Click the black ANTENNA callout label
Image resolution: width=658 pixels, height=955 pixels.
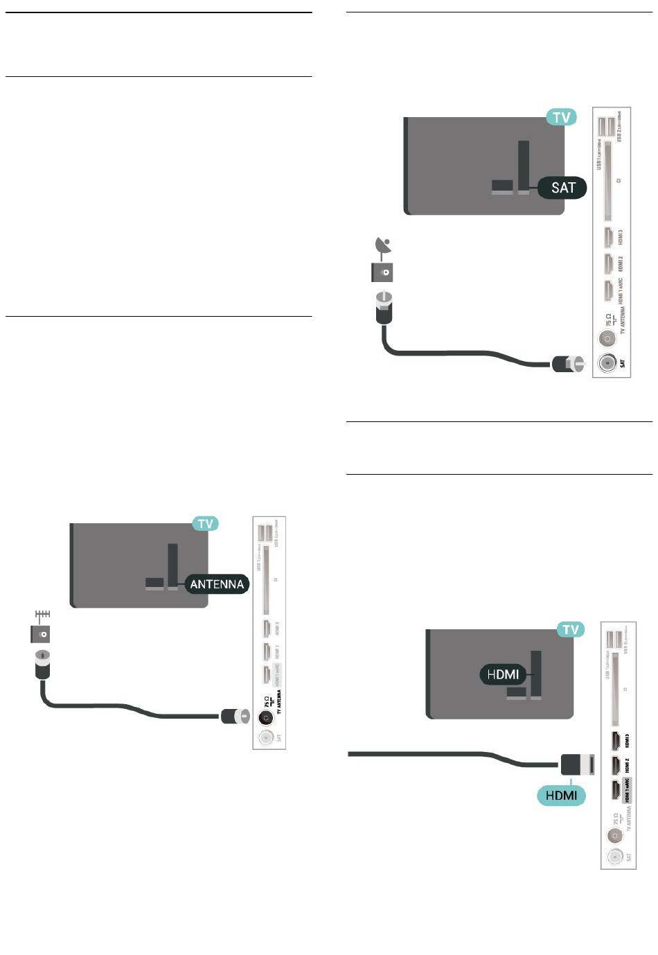tap(217, 584)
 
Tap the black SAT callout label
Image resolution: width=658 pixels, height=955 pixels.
tap(562, 187)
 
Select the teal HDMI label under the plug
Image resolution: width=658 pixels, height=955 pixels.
tap(561, 795)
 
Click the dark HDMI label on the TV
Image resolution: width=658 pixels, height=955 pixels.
tap(503, 673)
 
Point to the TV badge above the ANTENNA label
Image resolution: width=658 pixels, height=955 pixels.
tap(205, 523)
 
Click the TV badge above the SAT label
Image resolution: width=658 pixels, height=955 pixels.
tap(561, 117)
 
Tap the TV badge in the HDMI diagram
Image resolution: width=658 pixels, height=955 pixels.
tap(570, 629)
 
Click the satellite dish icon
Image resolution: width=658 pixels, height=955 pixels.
tap(382, 246)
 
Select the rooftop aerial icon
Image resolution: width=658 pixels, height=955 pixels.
tap(42, 615)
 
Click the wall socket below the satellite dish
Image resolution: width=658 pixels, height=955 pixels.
tap(382, 272)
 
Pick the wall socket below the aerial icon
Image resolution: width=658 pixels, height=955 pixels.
tap(40, 633)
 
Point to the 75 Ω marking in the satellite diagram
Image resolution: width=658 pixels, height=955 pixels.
tap(608, 320)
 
